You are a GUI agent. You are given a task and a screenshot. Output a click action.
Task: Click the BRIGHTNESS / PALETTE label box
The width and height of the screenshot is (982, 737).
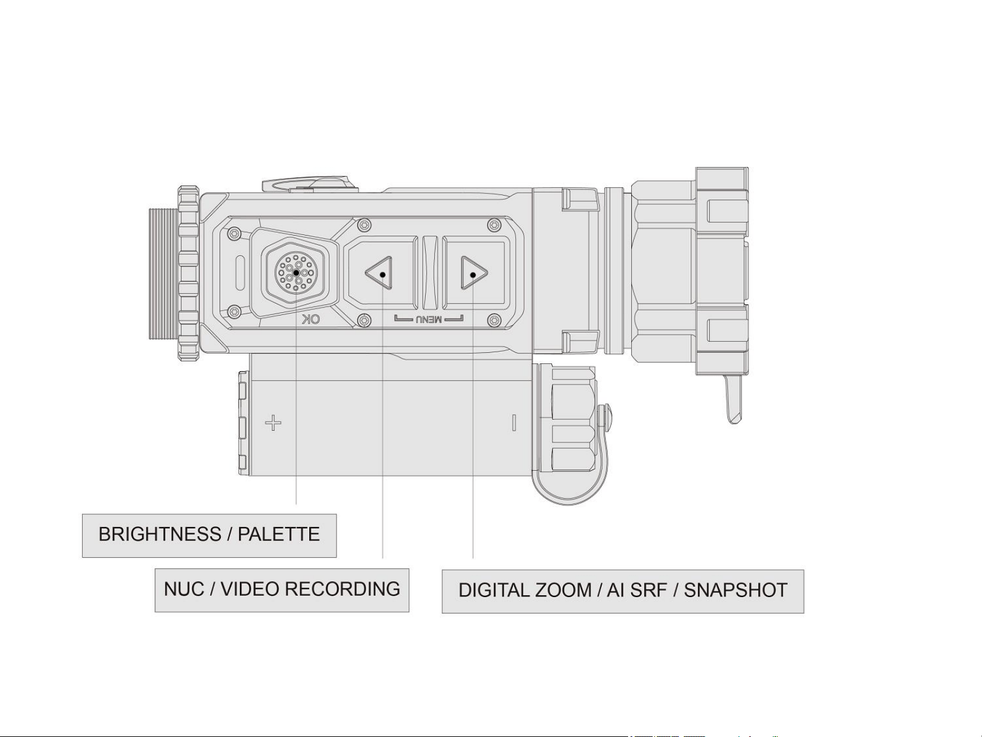(x=209, y=536)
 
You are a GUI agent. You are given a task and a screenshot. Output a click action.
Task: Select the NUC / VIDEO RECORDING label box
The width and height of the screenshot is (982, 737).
(x=282, y=590)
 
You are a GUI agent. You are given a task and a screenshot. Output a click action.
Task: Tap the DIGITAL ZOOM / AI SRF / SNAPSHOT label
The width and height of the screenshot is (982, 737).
(x=623, y=591)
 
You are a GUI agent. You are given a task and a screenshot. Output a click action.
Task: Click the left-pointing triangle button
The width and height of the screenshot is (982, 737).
(x=380, y=273)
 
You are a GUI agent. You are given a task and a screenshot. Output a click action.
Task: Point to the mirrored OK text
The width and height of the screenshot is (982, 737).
(x=312, y=319)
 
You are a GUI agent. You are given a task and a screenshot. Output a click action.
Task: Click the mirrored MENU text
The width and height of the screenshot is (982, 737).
(x=429, y=319)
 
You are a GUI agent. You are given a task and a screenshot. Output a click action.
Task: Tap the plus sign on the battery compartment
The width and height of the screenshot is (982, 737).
(x=274, y=422)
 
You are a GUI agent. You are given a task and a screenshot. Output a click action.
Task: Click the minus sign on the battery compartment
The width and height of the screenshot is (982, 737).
(x=514, y=422)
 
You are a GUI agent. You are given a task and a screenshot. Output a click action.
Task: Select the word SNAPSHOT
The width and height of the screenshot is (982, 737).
(x=735, y=591)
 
